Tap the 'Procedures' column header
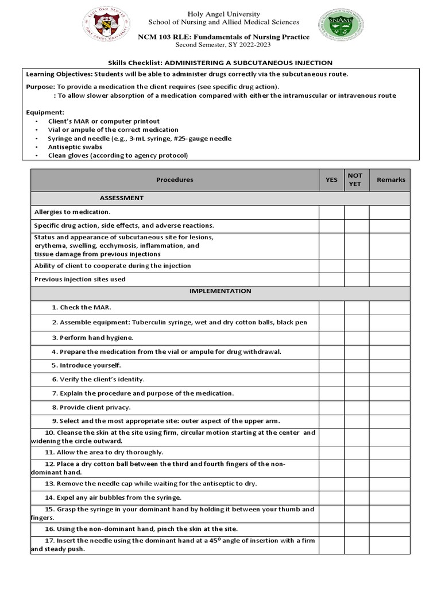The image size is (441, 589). (x=175, y=179)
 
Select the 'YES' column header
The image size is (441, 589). (x=331, y=179)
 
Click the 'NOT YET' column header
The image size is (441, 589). (x=356, y=179)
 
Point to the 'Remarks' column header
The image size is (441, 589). (x=390, y=179)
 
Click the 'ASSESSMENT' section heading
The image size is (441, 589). (x=122, y=198)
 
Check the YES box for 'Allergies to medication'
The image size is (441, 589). (x=331, y=212)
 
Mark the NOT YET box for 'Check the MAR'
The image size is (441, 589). (x=356, y=308)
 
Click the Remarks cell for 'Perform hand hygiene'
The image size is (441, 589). (x=390, y=337)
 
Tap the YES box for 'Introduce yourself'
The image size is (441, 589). (x=331, y=365)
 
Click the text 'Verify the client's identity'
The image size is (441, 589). (x=98, y=380)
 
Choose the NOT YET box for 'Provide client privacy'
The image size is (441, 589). (x=356, y=407)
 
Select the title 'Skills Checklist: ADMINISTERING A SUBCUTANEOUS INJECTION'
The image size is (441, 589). (x=220, y=63)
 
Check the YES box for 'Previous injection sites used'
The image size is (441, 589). (x=331, y=280)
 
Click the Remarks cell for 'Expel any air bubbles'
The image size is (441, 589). (x=390, y=498)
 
